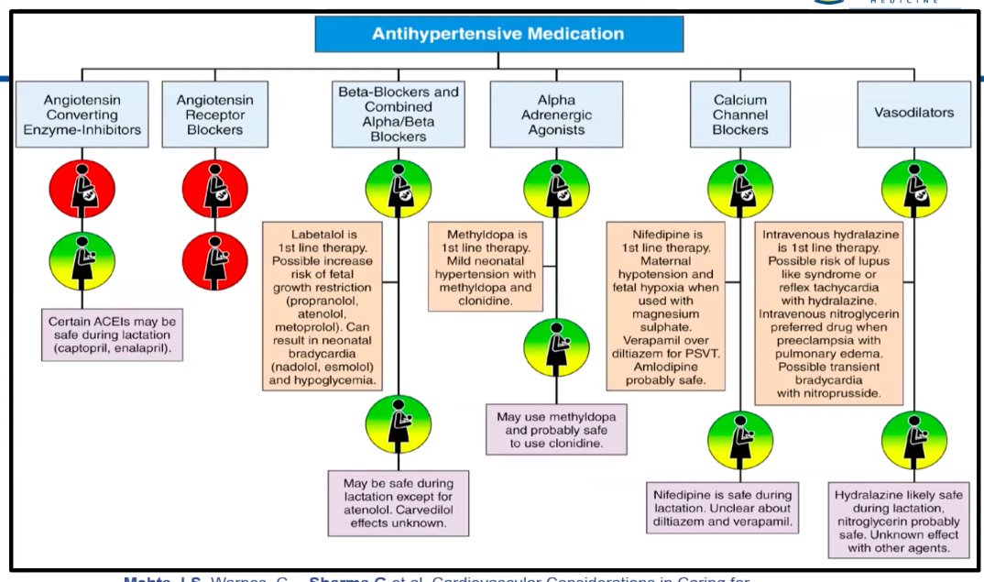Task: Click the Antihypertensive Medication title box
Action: point(498,34)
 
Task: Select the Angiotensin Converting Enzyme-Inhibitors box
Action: point(82,115)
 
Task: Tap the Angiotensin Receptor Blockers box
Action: point(214,115)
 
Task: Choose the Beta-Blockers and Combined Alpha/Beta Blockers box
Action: point(399,115)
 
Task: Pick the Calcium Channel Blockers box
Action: point(740,115)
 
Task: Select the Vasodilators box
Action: point(913,114)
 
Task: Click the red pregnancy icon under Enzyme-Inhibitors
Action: point(81,188)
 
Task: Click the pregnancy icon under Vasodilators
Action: point(913,188)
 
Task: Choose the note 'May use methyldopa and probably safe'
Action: point(556,429)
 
